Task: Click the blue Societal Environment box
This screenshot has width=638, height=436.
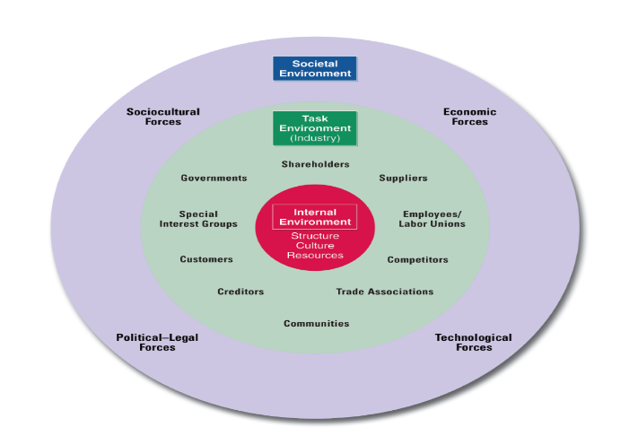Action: click(315, 69)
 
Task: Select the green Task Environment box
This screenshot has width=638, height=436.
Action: click(315, 128)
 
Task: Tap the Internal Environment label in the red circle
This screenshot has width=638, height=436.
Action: click(315, 217)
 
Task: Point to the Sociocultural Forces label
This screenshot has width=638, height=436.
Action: click(163, 117)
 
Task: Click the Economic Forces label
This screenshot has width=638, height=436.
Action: click(469, 117)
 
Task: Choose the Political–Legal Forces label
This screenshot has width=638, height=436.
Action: click(157, 342)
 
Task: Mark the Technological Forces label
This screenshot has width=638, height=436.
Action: click(473, 342)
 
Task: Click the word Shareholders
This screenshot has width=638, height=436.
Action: click(315, 164)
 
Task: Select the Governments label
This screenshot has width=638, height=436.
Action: click(214, 178)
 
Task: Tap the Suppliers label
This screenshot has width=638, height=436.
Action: click(403, 178)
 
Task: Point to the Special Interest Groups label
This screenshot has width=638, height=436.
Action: click(198, 219)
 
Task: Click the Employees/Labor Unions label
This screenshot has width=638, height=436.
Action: click(433, 219)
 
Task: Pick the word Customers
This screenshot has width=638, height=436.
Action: click(206, 259)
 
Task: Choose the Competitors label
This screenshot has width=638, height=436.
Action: click(417, 259)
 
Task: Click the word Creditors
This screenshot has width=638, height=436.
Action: click(240, 292)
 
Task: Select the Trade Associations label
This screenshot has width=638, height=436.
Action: click(384, 292)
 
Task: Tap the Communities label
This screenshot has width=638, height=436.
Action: click(316, 323)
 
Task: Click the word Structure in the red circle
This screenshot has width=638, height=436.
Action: click(315, 236)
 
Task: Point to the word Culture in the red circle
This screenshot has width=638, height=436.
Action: click(315, 246)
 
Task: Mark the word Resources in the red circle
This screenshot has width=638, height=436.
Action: click(315, 256)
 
